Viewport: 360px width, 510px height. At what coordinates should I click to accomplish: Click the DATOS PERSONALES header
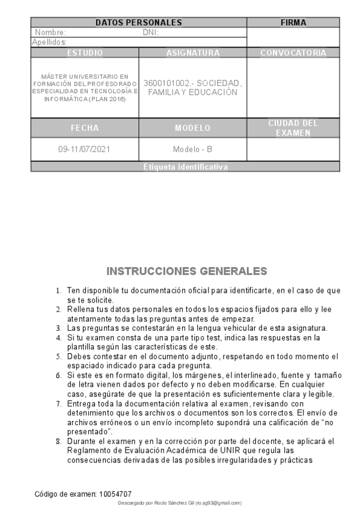[139, 23]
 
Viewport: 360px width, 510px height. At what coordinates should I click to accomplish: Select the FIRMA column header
[293, 23]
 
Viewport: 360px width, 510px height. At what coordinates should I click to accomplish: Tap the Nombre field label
[50, 32]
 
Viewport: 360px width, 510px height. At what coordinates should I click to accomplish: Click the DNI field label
[150, 32]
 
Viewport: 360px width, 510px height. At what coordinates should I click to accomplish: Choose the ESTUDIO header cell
[85, 53]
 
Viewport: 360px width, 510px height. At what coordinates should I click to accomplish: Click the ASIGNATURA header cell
[192, 53]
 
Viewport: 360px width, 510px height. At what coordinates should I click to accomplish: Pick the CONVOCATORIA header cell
[293, 53]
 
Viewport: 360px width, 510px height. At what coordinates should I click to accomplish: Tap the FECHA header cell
[85, 128]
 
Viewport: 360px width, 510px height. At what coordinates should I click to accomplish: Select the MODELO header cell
[192, 128]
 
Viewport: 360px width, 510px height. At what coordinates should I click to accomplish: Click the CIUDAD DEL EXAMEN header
[293, 127]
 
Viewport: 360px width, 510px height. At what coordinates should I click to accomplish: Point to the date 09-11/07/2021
[85, 149]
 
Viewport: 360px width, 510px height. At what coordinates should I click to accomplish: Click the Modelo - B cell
[192, 149]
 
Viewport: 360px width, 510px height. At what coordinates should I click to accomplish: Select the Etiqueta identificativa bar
[185, 167]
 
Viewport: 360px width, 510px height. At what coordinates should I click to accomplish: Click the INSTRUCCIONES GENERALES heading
[186, 271]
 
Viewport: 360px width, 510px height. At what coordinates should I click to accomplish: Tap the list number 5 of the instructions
[58, 357]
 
